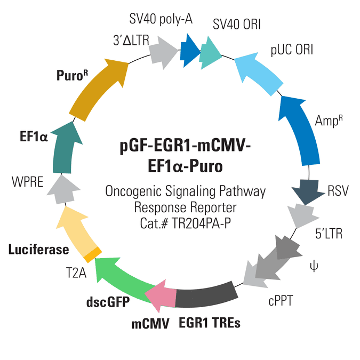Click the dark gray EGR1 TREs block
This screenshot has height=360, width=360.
pos(205,295)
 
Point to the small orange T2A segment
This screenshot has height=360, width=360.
pos(92,254)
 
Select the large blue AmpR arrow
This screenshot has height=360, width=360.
pos(301,131)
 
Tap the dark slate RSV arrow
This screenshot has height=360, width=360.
pos(308,191)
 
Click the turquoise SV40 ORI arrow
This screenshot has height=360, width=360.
pos(210,53)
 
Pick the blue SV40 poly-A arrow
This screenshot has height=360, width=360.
pos(189,51)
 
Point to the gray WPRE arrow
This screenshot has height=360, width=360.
pos(63,189)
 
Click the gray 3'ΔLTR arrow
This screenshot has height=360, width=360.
pos(163,52)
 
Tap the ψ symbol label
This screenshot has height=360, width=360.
pos(314,267)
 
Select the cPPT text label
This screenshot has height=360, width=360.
pos(281,301)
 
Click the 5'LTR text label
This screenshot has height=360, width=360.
pos(329,234)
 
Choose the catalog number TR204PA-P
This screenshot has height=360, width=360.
pos(201,223)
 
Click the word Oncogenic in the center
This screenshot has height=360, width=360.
pos(133,191)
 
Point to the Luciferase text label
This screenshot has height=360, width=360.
pos(38,250)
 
